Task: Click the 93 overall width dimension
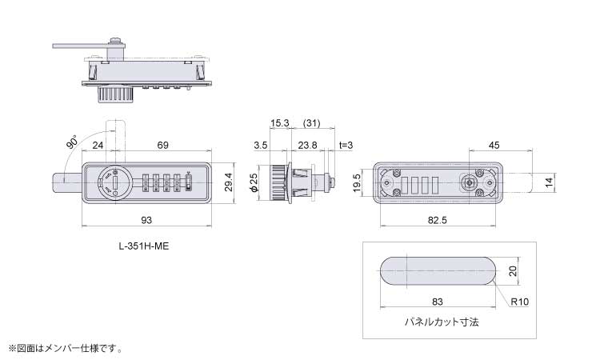[146, 220]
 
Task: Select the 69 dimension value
[162, 145]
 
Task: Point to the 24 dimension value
[98, 145]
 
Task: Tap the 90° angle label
[72, 141]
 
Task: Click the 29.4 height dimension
[229, 182]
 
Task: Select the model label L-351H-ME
[144, 246]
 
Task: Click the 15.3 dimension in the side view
[280, 123]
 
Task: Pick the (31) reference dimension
[311, 123]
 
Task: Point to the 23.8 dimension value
[308, 145]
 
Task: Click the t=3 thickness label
[346, 145]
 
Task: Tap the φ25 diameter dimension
[254, 182]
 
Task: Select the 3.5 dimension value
[261, 145]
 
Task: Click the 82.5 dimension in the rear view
[438, 220]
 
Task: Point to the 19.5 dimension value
[357, 183]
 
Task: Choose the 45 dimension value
[494, 145]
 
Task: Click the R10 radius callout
[520, 302]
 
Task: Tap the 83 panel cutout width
[438, 302]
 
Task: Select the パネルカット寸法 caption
[442, 322]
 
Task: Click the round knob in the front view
[114, 182]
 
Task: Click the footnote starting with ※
[65, 349]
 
